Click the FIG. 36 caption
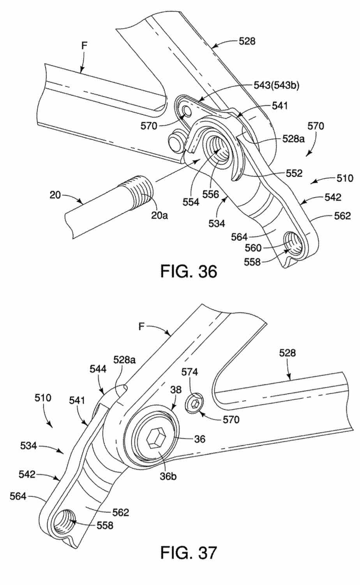[x=189, y=271]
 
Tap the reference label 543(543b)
[x=276, y=85]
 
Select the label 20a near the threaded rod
[x=159, y=216]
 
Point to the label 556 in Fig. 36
[x=211, y=194]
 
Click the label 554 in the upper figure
[x=191, y=202]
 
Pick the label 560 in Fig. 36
[x=253, y=248]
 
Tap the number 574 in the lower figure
[x=190, y=372]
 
